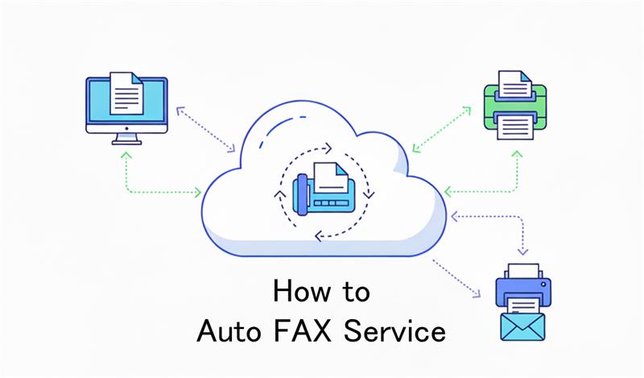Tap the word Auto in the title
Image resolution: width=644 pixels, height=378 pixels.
click(x=226, y=330)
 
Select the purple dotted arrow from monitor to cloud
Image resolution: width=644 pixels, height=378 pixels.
click(x=205, y=128)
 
